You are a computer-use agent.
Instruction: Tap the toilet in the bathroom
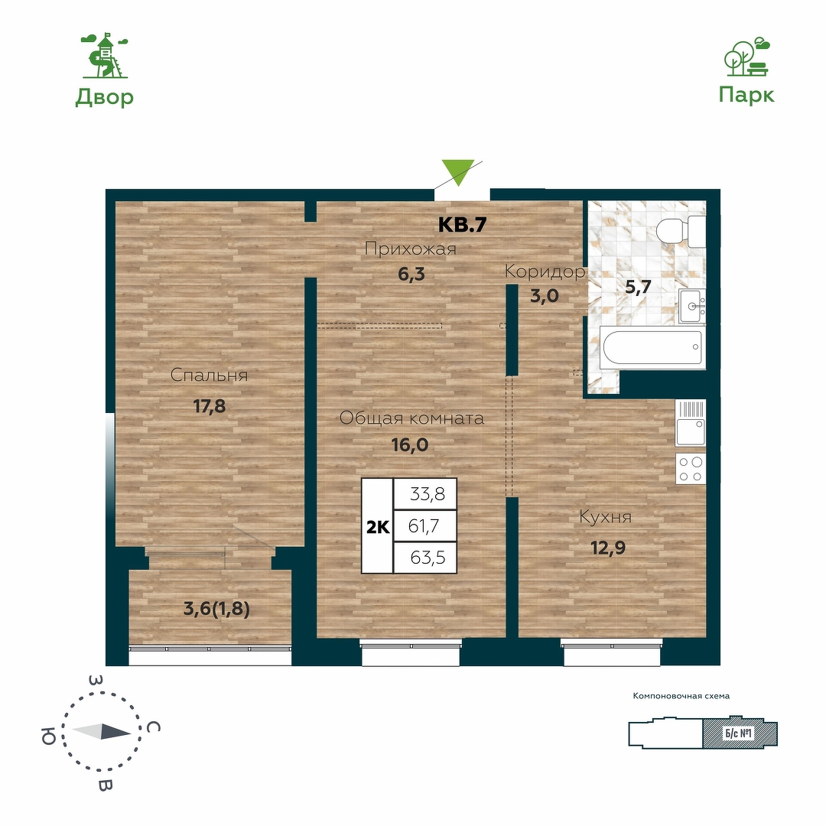point(681,231)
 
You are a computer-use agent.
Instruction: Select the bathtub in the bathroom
point(652,347)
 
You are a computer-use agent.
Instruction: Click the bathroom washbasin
point(691,306)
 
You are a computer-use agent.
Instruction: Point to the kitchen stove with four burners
point(691,468)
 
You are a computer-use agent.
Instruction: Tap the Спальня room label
point(209,375)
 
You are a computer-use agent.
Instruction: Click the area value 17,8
point(209,406)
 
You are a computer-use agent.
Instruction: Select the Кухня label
point(605,517)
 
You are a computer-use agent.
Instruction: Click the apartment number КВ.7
point(462,225)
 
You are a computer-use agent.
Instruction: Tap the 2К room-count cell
point(378,526)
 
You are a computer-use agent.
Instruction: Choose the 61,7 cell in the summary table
point(424,525)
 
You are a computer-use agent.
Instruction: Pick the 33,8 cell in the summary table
point(424,494)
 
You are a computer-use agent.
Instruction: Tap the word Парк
point(746,96)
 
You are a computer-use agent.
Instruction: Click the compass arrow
point(101,731)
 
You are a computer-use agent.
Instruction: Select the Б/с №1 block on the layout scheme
point(740,733)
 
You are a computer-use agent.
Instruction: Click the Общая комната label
point(411,418)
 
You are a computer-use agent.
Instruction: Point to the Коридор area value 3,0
point(545,296)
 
